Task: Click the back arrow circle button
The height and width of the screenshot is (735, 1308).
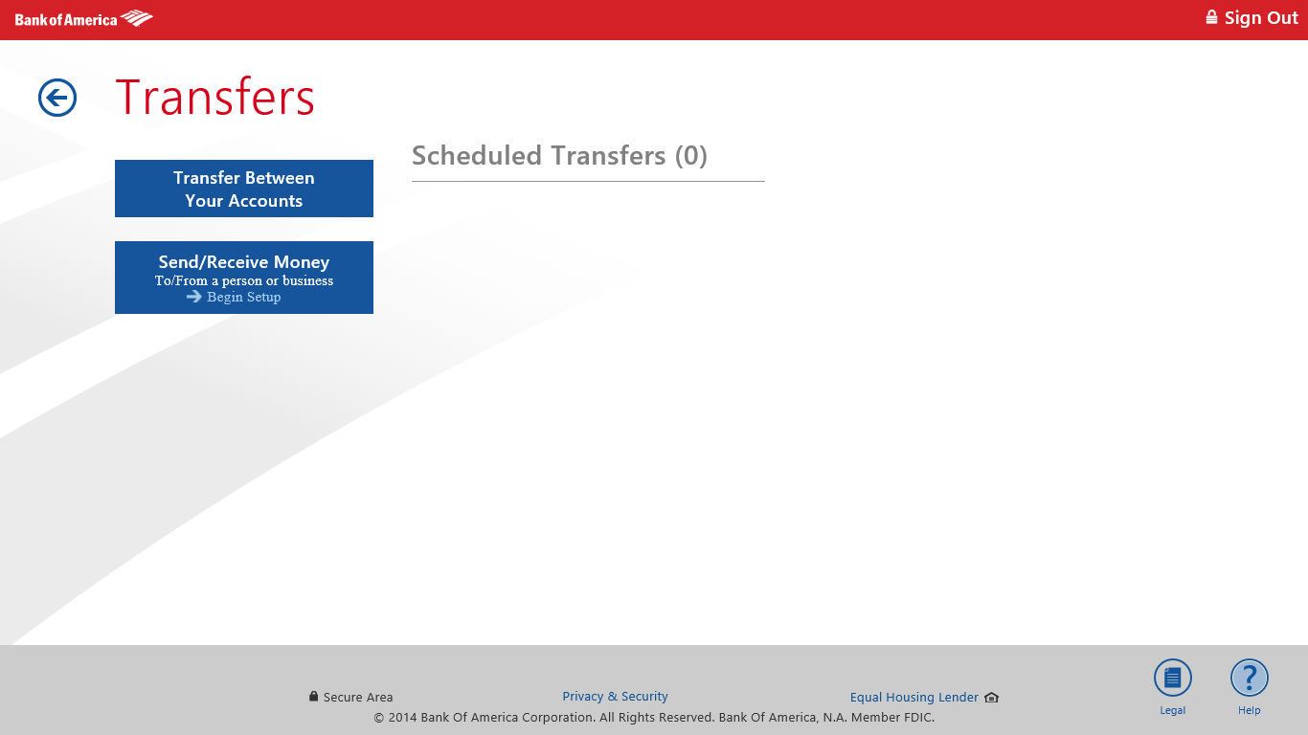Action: [57, 98]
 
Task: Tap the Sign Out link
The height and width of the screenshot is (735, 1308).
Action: [1261, 18]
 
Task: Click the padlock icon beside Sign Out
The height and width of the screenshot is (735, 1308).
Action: [1211, 17]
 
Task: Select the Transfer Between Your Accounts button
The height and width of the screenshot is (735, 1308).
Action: [244, 189]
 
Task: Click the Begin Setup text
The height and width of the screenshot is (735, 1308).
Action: [244, 297]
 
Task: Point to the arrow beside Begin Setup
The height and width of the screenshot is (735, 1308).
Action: [194, 297]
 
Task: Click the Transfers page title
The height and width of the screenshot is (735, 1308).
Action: [215, 98]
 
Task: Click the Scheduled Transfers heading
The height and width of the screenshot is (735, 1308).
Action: [538, 156]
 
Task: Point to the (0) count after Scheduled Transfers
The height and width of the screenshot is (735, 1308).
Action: [690, 156]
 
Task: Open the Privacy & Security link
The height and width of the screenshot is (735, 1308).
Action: [615, 697]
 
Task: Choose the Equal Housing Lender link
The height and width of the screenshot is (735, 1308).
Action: [914, 698]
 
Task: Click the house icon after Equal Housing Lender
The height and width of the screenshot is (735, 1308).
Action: [991, 698]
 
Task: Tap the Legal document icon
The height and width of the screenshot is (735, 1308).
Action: [1172, 679]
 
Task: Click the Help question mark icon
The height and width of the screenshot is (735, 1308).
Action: [1249, 679]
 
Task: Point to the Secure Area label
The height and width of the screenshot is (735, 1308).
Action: [358, 698]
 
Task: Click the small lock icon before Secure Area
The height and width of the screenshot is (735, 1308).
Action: [314, 697]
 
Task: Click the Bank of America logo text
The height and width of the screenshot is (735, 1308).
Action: [66, 19]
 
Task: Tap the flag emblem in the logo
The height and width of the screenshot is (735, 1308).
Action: [137, 18]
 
